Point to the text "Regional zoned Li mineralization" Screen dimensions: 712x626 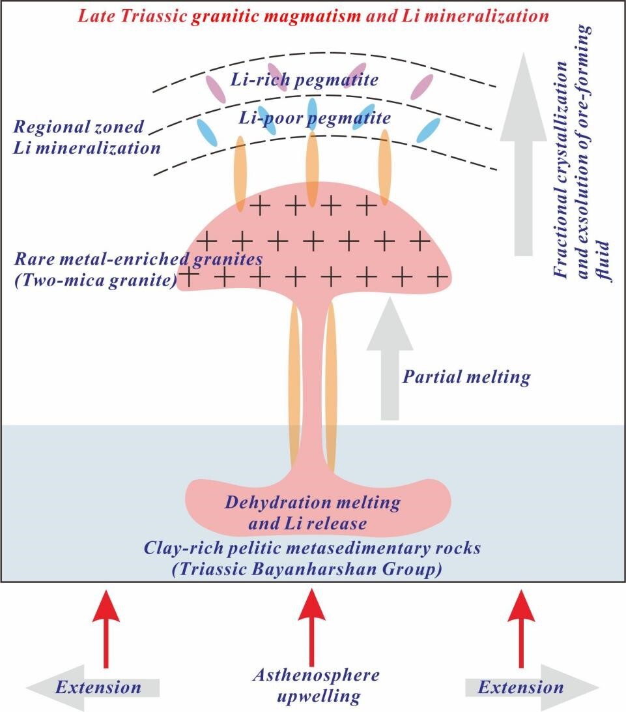(87, 138)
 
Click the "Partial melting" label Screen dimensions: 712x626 (466, 377)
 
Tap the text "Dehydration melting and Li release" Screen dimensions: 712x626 (312, 512)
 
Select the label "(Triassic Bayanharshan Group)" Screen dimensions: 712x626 (313, 569)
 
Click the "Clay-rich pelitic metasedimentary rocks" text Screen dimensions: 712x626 (313, 548)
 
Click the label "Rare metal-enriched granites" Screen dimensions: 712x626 (138, 260)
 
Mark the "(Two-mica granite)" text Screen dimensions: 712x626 (97, 281)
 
